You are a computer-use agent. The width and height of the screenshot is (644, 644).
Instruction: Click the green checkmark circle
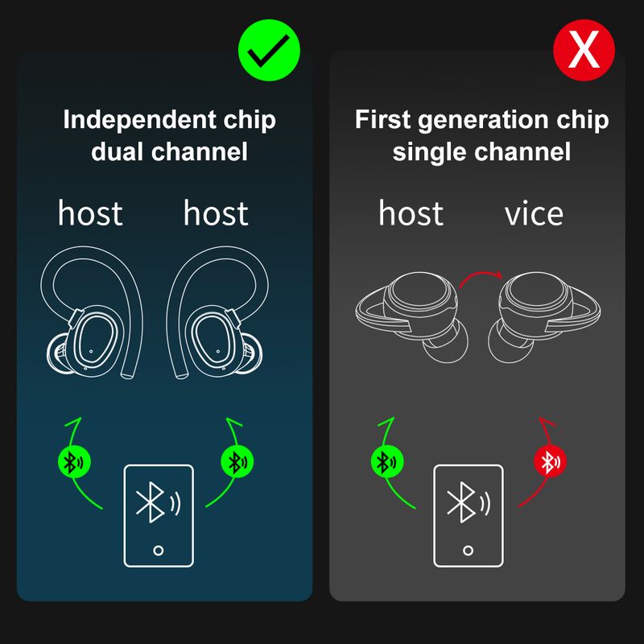point(269,50)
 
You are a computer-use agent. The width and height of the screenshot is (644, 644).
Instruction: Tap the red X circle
point(584,50)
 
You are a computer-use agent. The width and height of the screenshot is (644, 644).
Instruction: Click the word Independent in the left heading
point(139,120)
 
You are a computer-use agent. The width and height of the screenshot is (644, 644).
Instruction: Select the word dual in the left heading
point(118,151)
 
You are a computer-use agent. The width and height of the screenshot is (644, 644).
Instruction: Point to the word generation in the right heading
point(484,121)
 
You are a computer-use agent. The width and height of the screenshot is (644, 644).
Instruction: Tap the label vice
point(534,213)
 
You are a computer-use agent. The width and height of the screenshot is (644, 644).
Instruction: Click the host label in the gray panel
point(411,213)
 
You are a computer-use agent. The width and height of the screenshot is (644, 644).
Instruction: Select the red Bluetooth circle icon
point(550,461)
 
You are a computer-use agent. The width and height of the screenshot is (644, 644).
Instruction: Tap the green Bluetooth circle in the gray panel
point(387,461)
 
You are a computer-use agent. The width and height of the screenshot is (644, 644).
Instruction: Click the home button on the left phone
point(158,551)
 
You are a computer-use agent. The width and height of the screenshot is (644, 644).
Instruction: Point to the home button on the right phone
point(468,551)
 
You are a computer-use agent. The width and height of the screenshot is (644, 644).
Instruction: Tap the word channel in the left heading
point(199,151)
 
